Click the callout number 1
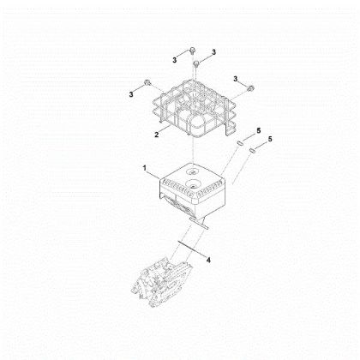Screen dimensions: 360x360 point(145,168)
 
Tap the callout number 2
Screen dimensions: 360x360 point(157,135)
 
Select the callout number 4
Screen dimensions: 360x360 point(208,260)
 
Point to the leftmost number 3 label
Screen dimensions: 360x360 point(131,94)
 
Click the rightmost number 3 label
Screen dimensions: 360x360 point(236,79)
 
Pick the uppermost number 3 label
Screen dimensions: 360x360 point(213,52)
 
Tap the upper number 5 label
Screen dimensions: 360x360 point(259,130)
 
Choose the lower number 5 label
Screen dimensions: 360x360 point(270,139)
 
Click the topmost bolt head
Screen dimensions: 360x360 point(192,51)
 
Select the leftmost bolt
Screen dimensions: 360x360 point(147,83)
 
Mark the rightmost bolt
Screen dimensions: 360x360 point(250,88)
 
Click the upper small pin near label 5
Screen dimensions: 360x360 point(240,142)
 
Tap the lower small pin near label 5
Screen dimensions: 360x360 point(252,150)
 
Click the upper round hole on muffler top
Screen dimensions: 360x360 point(191,171)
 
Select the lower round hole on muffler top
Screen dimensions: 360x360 point(192,183)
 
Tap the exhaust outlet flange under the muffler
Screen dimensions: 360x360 point(199,223)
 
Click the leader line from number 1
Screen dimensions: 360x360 point(153,174)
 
